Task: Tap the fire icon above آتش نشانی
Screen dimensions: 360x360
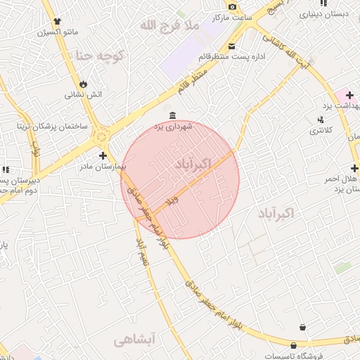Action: coord(84,82)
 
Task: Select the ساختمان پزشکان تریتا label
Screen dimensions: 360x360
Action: coord(53,126)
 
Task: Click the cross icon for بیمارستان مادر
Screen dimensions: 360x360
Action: coord(103,155)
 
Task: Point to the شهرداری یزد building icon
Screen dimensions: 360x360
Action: coord(173,115)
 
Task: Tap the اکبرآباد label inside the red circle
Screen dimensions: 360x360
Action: coord(191,163)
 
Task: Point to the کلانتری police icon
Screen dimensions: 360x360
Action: coord(321,120)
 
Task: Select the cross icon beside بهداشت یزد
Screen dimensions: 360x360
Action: coord(349,94)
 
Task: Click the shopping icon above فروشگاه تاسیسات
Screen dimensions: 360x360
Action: coord(303,327)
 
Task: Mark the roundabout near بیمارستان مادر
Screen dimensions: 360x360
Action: coord(103,134)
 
